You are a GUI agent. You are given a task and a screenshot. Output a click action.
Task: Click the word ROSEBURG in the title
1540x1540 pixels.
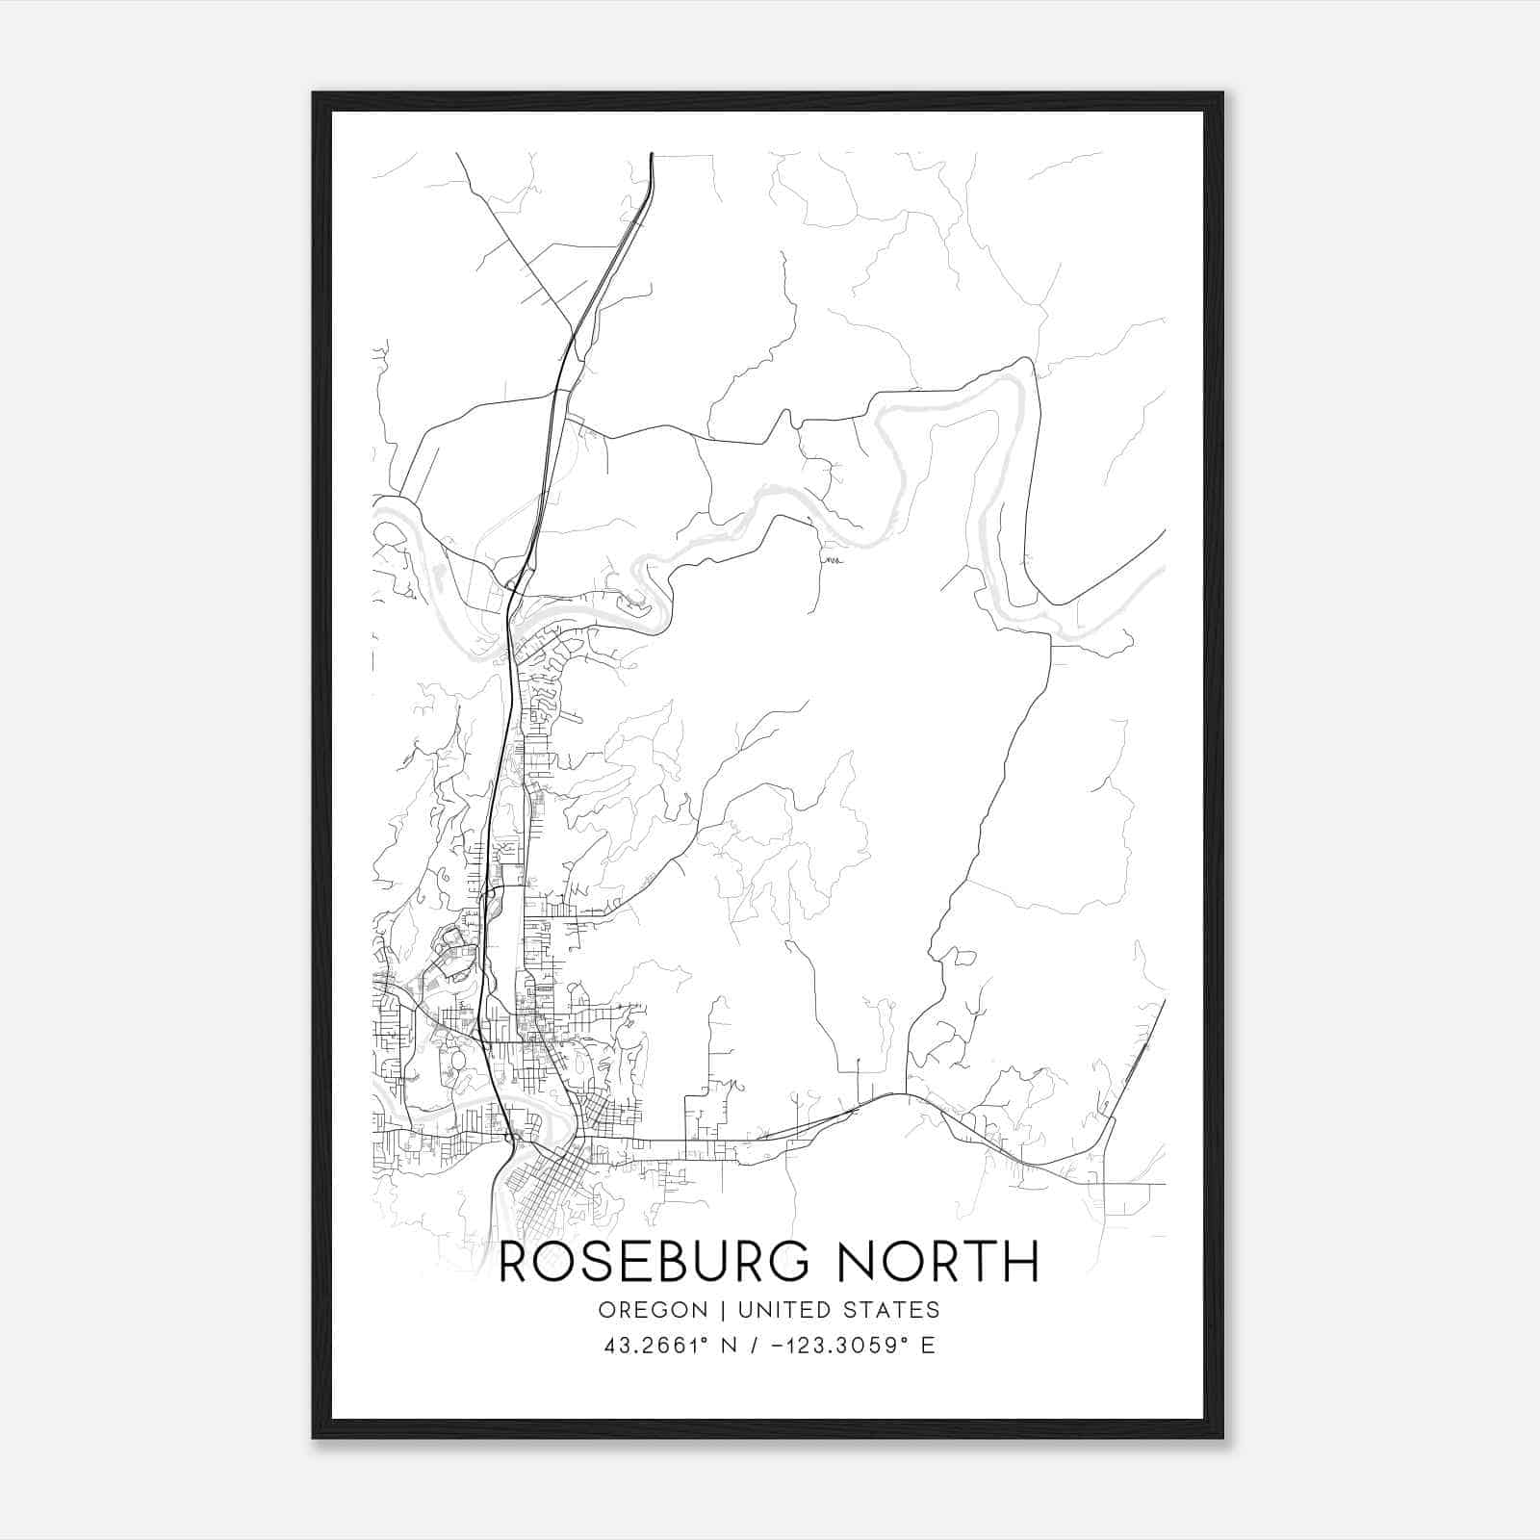click(654, 1262)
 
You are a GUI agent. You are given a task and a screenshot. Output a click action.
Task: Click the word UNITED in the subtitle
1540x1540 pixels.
click(786, 1310)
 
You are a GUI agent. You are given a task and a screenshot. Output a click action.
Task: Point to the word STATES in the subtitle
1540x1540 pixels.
click(894, 1310)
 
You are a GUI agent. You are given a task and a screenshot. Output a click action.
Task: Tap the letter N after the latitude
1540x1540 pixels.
click(731, 1346)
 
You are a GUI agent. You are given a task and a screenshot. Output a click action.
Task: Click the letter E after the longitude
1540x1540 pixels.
click(928, 1346)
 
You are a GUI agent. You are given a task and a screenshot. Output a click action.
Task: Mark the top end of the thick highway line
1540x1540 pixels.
click(652, 154)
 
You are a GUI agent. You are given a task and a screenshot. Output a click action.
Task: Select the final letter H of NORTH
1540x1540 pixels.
click(1022, 1262)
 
